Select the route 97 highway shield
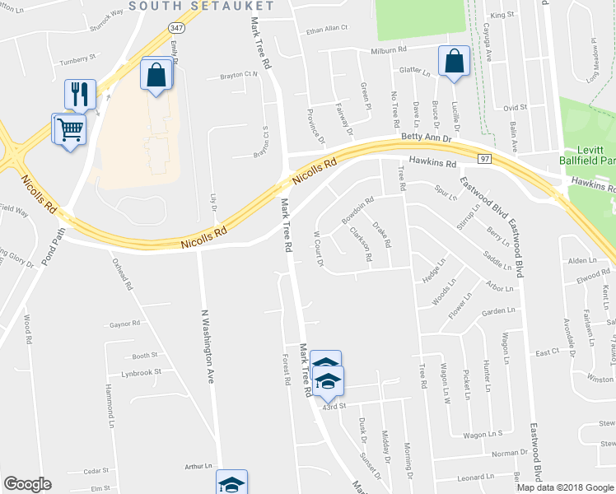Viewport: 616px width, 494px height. [486, 158]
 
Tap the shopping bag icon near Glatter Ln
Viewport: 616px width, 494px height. [454, 62]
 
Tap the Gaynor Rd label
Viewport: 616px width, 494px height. [126, 325]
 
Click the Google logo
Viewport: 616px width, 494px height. [27, 484]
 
